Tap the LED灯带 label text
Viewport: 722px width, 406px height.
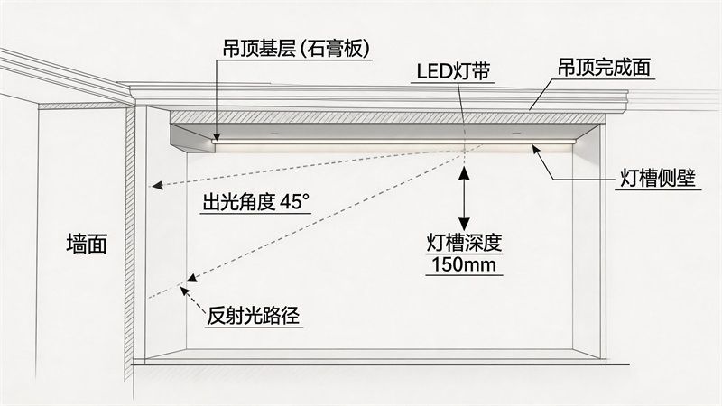coord(453,70)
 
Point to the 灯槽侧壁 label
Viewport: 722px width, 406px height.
coord(660,178)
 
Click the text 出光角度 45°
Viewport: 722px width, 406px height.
coord(254,202)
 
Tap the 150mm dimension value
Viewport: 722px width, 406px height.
coord(464,266)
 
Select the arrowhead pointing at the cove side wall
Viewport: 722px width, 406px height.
coord(538,150)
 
